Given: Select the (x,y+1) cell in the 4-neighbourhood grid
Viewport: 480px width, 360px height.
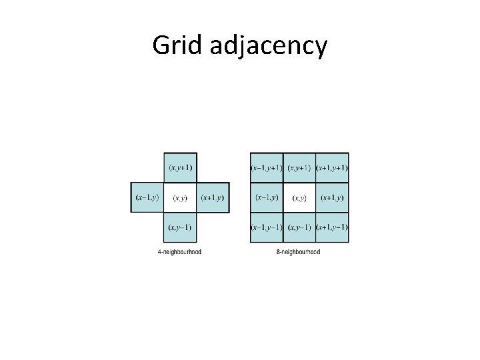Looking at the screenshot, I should [x=180, y=167].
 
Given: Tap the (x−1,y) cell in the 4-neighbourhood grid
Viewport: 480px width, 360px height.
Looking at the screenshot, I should [x=147, y=198].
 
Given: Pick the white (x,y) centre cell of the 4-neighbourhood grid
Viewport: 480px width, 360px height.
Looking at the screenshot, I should [x=180, y=198].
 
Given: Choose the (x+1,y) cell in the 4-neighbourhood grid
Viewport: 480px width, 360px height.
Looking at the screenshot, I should [x=213, y=198].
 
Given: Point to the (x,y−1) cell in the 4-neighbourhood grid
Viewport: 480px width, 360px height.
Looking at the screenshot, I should [x=180, y=227].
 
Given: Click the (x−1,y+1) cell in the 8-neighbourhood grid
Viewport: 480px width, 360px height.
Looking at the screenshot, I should [x=267, y=167].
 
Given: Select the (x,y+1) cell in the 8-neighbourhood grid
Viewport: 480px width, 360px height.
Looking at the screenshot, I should [x=299, y=167].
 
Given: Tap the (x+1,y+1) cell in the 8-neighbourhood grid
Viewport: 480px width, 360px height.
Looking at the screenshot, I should [x=332, y=167].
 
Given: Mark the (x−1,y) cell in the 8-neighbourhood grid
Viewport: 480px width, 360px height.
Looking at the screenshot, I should [x=267, y=198].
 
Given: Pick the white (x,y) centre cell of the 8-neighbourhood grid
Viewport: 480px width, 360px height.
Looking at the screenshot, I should [x=299, y=198].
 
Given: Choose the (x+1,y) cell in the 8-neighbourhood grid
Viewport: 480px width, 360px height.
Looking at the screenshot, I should [x=332, y=198].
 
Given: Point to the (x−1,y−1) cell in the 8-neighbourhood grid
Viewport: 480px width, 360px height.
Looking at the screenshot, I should [x=267, y=227].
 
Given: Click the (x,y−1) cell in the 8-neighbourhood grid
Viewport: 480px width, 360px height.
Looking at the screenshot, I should [x=299, y=227].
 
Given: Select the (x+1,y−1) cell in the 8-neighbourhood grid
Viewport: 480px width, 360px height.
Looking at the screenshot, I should [x=332, y=227].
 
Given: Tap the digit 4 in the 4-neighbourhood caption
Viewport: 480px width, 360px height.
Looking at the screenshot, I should [x=159, y=252].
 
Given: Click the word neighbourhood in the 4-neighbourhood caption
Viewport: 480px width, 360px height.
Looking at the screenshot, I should [x=182, y=252].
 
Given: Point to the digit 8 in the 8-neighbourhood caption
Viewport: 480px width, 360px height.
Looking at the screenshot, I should [x=278, y=252].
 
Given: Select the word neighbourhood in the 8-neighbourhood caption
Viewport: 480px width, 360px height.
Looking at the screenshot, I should [x=301, y=252].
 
